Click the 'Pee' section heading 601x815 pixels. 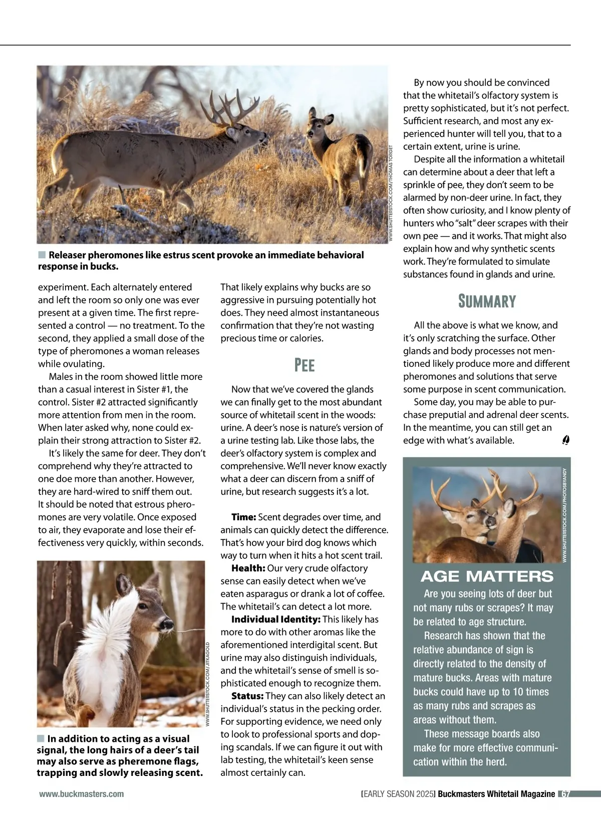pyautogui.click(x=305, y=365)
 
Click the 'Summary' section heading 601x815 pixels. pyautogui.click(x=487, y=301)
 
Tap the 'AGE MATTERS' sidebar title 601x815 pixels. pyautogui.click(x=487, y=576)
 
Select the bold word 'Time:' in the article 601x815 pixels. pyautogui.click(x=244, y=517)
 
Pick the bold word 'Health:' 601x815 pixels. pyautogui.click(x=248, y=568)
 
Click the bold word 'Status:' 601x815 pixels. pyautogui.click(x=247, y=696)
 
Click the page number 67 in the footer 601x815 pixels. pyautogui.click(x=565, y=794)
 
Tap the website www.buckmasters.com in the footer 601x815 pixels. pyautogui.click(x=82, y=794)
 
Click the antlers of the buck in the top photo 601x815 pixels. pyautogui.click(x=225, y=108)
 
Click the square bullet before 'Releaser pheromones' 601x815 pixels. pyautogui.click(x=42, y=255)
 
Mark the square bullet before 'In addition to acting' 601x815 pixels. pyautogui.click(x=41, y=738)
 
